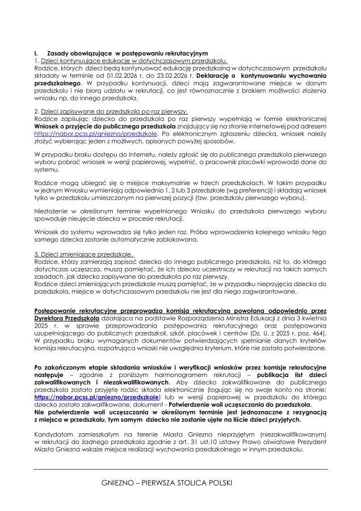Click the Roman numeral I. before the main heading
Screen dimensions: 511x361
[x=36, y=53]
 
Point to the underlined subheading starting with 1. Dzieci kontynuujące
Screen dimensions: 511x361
[x=131, y=60]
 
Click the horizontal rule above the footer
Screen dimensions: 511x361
[x=180, y=469]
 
